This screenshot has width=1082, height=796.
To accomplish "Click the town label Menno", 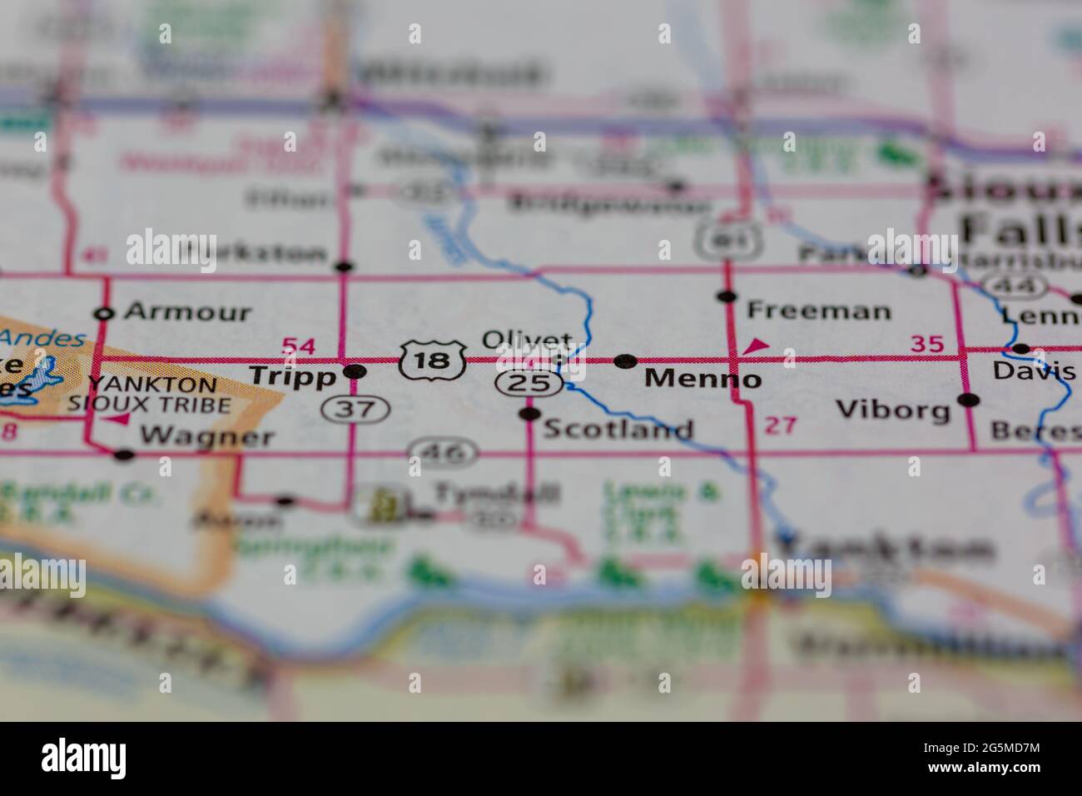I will pyautogui.click(x=702, y=380).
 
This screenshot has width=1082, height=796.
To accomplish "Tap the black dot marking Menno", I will pyautogui.click(x=625, y=361).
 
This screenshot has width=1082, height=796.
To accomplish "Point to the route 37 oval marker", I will pyautogui.click(x=355, y=408).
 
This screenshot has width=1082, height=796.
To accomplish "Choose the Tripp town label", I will pyautogui.click(x=292, y=376).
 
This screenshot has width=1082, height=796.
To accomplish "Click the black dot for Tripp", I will pyautogui.click(x=355, y=371).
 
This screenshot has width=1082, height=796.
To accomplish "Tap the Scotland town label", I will pyautogui.click(x=618, y=430).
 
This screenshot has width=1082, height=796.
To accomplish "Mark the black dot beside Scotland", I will pyautogui.click(x=529, y=414).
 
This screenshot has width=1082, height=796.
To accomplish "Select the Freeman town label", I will pyautogui.click(x=819, y=311).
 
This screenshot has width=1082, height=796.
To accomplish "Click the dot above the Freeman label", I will pyautogui.click(x=728, y=296).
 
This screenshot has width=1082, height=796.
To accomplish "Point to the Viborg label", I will pyautogui.click(x=893, y=410).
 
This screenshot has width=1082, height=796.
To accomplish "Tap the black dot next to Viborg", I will pyautogui.click(x=968, y=400).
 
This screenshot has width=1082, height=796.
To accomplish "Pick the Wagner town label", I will pyautogui.click(x=206, y=436).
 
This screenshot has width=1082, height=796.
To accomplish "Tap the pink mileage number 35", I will pyautogui.click(x=927, y=343).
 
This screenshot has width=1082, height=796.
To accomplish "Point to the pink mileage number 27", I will pyautogui.click(x=781, y=425).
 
